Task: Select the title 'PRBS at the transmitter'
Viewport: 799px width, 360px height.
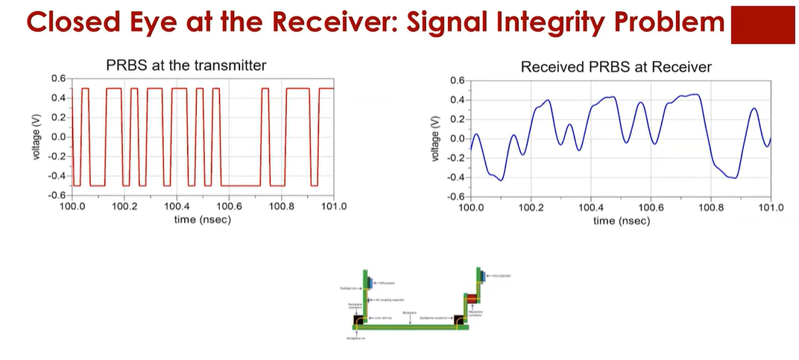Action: [186, 65]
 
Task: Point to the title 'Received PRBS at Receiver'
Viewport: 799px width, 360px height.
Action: [616, 67]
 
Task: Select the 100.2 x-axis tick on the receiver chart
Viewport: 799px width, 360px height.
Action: [531, 208]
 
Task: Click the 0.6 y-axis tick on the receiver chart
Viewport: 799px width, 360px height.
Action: [458, 80]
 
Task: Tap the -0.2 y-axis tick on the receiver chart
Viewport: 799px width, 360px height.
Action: [456, 158]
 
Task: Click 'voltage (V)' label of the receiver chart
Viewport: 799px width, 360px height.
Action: [435, 139]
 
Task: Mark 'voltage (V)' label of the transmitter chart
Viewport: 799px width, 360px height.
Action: [37, 137]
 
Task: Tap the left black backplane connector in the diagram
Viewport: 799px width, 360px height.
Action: [359, 321]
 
